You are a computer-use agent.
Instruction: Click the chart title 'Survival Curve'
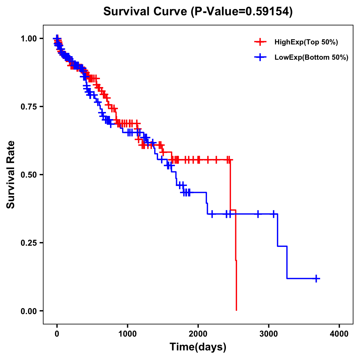click(145, 11)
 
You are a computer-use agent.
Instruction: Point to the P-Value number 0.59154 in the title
click(268, 11)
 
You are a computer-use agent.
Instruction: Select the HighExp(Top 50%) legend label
click(306, 42)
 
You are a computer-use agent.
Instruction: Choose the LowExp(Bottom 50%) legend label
click(311, 57)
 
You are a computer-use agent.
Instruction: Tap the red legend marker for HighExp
click(260, 42)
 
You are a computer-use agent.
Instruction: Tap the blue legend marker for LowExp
click(260, 57)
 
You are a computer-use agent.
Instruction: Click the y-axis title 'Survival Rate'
click(11, 174)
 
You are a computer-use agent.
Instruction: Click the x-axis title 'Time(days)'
click(198, 347)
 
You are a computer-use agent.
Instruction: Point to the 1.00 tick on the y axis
click(28, 38)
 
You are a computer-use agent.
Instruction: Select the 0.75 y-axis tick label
click(28, 106)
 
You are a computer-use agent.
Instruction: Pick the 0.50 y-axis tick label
click(28, 175)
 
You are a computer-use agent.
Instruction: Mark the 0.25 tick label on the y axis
click(28, 243)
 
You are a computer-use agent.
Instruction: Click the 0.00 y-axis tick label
click(28, 311)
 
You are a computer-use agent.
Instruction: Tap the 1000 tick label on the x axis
click(127, 334)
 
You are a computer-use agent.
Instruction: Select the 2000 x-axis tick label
click(198, 334)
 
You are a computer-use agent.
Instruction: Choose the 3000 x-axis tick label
click(269, 334)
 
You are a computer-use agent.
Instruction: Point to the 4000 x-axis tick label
click(339, 334)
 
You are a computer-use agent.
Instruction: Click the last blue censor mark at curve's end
click(316, 279)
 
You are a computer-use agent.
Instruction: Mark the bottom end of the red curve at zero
click(236, 310)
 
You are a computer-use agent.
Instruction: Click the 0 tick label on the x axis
click(57, 334)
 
